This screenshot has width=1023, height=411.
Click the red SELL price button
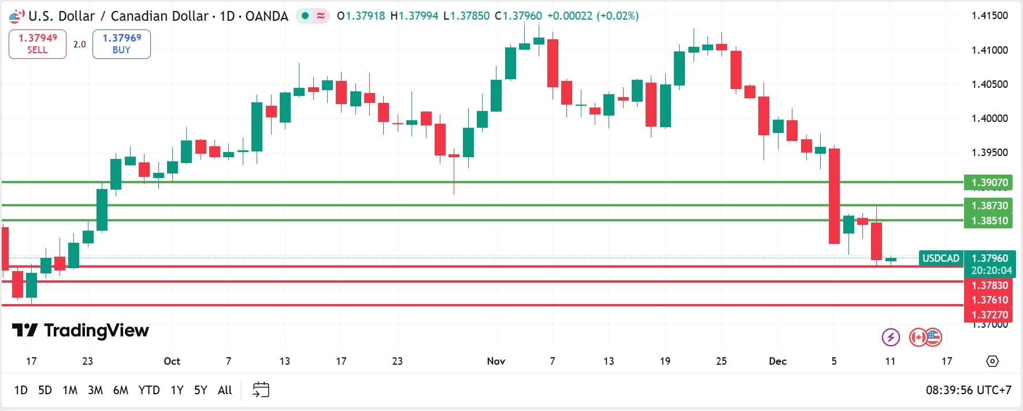coord(38,44)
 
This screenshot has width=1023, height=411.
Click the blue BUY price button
coord(121,44)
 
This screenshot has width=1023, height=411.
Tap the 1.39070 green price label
coord(989,183)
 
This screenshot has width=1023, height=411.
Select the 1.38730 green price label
coord(989,205)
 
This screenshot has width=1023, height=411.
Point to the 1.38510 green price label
coord(989,220)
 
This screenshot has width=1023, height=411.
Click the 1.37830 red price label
coord(989,286)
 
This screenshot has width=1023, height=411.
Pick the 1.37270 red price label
coord(989,315)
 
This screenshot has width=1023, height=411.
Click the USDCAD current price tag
coord(940,258)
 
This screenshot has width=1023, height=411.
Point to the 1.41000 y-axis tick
coord(989,50)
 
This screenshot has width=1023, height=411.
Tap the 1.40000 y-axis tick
coord(989,119)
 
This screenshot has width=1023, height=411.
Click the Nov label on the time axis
coord(496,361)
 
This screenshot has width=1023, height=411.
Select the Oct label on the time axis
coord(172,361)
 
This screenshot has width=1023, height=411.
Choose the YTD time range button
coord(149,390)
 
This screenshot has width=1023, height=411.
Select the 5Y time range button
coord(201,390)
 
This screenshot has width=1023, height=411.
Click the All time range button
coord(225,390)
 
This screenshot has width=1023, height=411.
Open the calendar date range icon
coord(261,390)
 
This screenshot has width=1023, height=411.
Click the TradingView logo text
coord(81,330)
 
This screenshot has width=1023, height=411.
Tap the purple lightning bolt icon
coord(891,336)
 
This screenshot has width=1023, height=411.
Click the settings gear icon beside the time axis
coord(992,361)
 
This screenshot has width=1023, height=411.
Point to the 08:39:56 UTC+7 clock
coord(968,390)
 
